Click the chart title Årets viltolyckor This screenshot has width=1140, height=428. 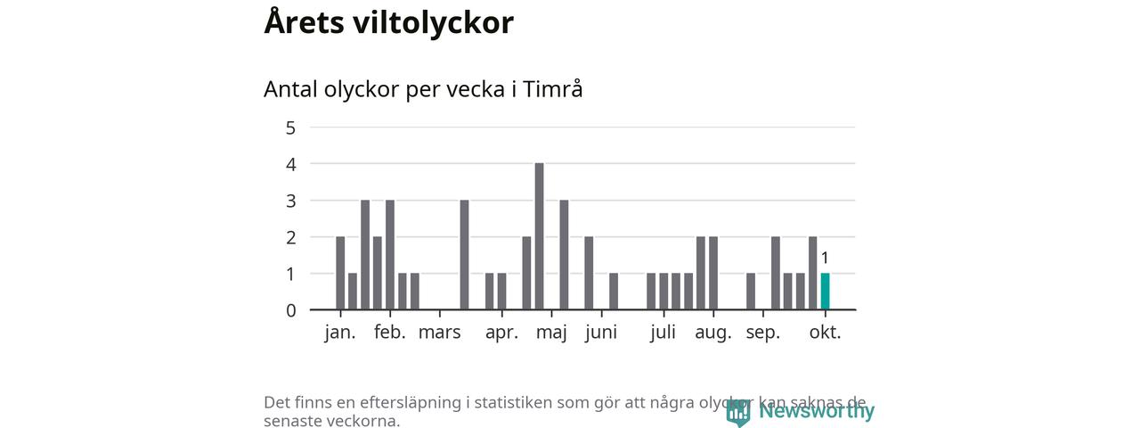click(x=388, y=23)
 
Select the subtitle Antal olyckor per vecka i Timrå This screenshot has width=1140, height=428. click(x=423, y=89)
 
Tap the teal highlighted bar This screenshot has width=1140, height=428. click(x=825, y=292)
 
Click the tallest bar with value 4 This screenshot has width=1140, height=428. click(x=539, y=236)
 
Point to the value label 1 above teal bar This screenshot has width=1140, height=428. click(x=825, y=259)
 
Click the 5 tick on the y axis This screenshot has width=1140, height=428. click(x=290, y=128)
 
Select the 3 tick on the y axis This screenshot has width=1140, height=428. click(x=290, y=201)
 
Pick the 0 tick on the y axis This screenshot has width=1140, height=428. click(x=290, y=310)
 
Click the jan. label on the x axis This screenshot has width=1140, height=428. click(x=340, y=333)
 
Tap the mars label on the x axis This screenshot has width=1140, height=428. click(x=440, y=333)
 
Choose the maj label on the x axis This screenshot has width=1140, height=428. click(x=552, y=333)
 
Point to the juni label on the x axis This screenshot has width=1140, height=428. click(x=602, y=333)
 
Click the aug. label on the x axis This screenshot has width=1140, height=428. click(x=713, y=333)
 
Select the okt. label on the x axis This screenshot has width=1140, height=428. click(x=825, y=333)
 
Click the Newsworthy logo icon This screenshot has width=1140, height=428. click(x=737, y=412)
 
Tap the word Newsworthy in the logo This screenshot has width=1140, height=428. click(x=816, y=411)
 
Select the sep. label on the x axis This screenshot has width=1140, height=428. click(x=763, y=333)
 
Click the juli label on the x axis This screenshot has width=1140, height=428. click(x=663, y=333)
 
